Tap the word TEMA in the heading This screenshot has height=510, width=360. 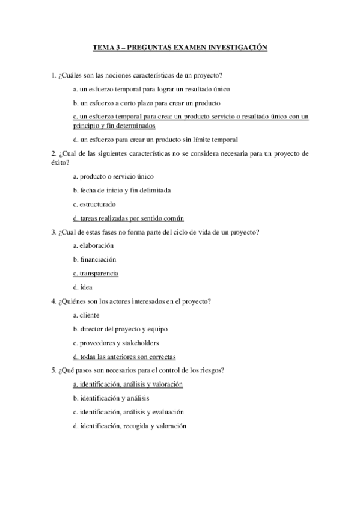[x=103, y=46]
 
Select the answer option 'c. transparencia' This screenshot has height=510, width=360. [x=95, y=274]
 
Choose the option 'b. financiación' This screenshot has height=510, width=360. [x=94, y=259]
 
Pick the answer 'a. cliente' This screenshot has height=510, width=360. [x=86, y=315]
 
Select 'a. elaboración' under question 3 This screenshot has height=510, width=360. [x=93, y=245]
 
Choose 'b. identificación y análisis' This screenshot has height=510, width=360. [x=111, y=398]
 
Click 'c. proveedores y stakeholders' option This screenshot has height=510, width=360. [x=115, y=343]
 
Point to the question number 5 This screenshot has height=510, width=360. [x=53, y=370]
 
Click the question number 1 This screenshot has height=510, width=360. [x=53, y=75]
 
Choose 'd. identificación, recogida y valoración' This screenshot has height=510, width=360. [x=129, y=426]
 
